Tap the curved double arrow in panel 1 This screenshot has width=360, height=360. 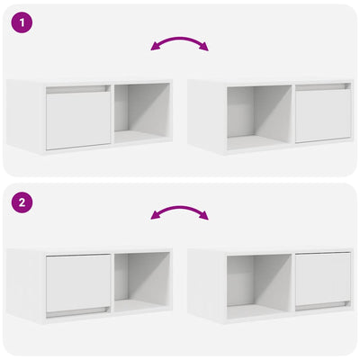(179, 42)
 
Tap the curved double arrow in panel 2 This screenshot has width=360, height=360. (179, 212)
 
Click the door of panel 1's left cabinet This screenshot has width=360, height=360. (78, 121)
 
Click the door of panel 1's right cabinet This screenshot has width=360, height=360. (322, 117)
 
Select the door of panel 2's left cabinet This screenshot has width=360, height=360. (77, 281)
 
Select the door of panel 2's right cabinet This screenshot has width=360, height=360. (322, 279)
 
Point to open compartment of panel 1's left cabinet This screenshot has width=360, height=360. (142, 113)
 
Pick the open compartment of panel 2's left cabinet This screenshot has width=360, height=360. (142, 281)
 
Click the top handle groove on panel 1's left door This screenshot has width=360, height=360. (78, 90)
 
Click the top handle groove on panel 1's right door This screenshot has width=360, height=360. (322, 87)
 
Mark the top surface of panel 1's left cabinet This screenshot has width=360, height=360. (90, 81)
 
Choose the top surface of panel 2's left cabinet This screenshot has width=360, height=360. (90, 249)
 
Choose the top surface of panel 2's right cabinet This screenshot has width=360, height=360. (270, 249)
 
